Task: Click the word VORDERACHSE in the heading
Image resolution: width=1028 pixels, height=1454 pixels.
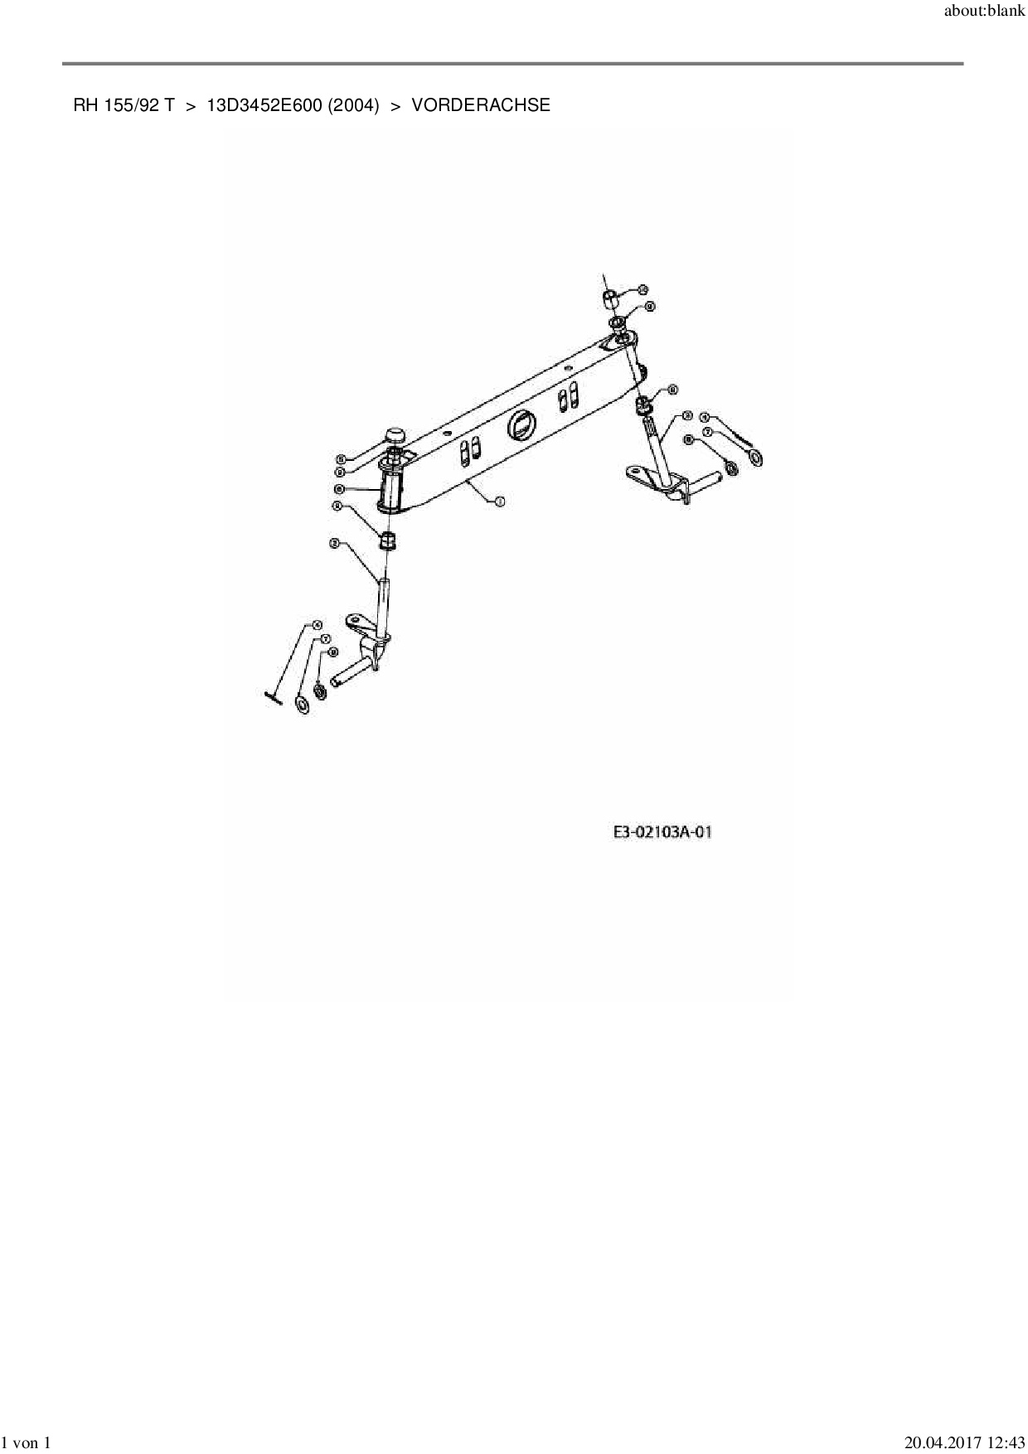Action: (480, 105)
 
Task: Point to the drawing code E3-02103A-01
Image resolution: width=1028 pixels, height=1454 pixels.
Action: (662, 831)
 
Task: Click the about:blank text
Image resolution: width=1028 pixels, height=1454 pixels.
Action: (985, 12)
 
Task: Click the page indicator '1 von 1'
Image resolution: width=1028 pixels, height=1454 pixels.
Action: (27, 1443)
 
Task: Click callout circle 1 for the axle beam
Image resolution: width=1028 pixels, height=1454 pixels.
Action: (499, 501)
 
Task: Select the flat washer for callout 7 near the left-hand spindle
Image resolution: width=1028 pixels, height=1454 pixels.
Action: (303, 705)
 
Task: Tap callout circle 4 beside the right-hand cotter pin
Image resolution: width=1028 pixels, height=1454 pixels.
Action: (705, 418)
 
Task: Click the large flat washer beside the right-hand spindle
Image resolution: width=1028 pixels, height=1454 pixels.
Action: (756, 458)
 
